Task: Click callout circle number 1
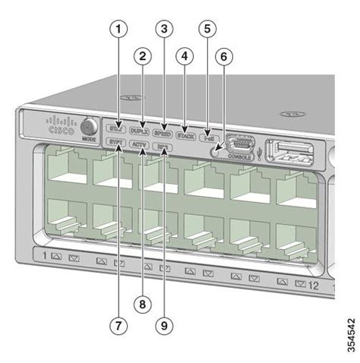click(117, 30)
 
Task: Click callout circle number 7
click(117, 325)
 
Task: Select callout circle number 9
click(162, 325)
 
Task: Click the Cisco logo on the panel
click(61, 125)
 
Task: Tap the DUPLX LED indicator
click(139, 130)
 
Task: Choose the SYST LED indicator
click(116, 141)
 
